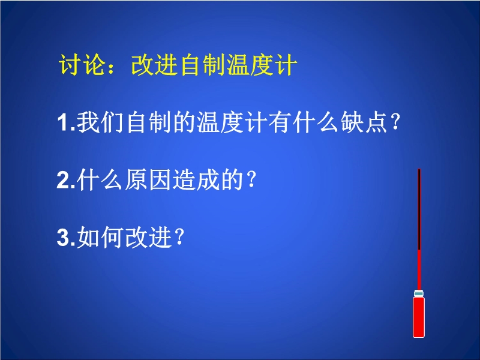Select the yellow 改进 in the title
[x=155, y=65]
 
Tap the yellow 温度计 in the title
[x=262, y=65]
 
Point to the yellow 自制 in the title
[x=202, y=65]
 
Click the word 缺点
[x=364, y=122]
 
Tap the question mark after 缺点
[x=395, y=123]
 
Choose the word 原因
[x=147, y=179]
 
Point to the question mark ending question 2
[x=251, y=180]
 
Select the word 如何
[x=100, y=237]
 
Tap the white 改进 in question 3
[x=147, y=237]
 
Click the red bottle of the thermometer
[x=418, y=317]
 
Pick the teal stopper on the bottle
[x=419, y=293]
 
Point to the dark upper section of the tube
[x=419, y=209]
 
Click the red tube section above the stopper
[x=419, y=270]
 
